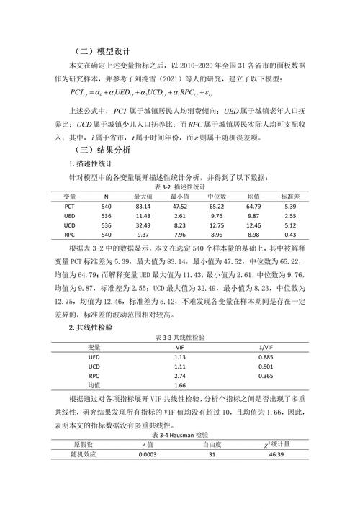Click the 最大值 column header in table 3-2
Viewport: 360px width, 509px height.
point(143,196)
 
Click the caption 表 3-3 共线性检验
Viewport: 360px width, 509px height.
point(180,337)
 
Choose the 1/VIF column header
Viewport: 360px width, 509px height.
point(266,346)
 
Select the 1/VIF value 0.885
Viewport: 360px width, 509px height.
point(266,356)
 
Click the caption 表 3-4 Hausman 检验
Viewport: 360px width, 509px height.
point(180,436)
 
